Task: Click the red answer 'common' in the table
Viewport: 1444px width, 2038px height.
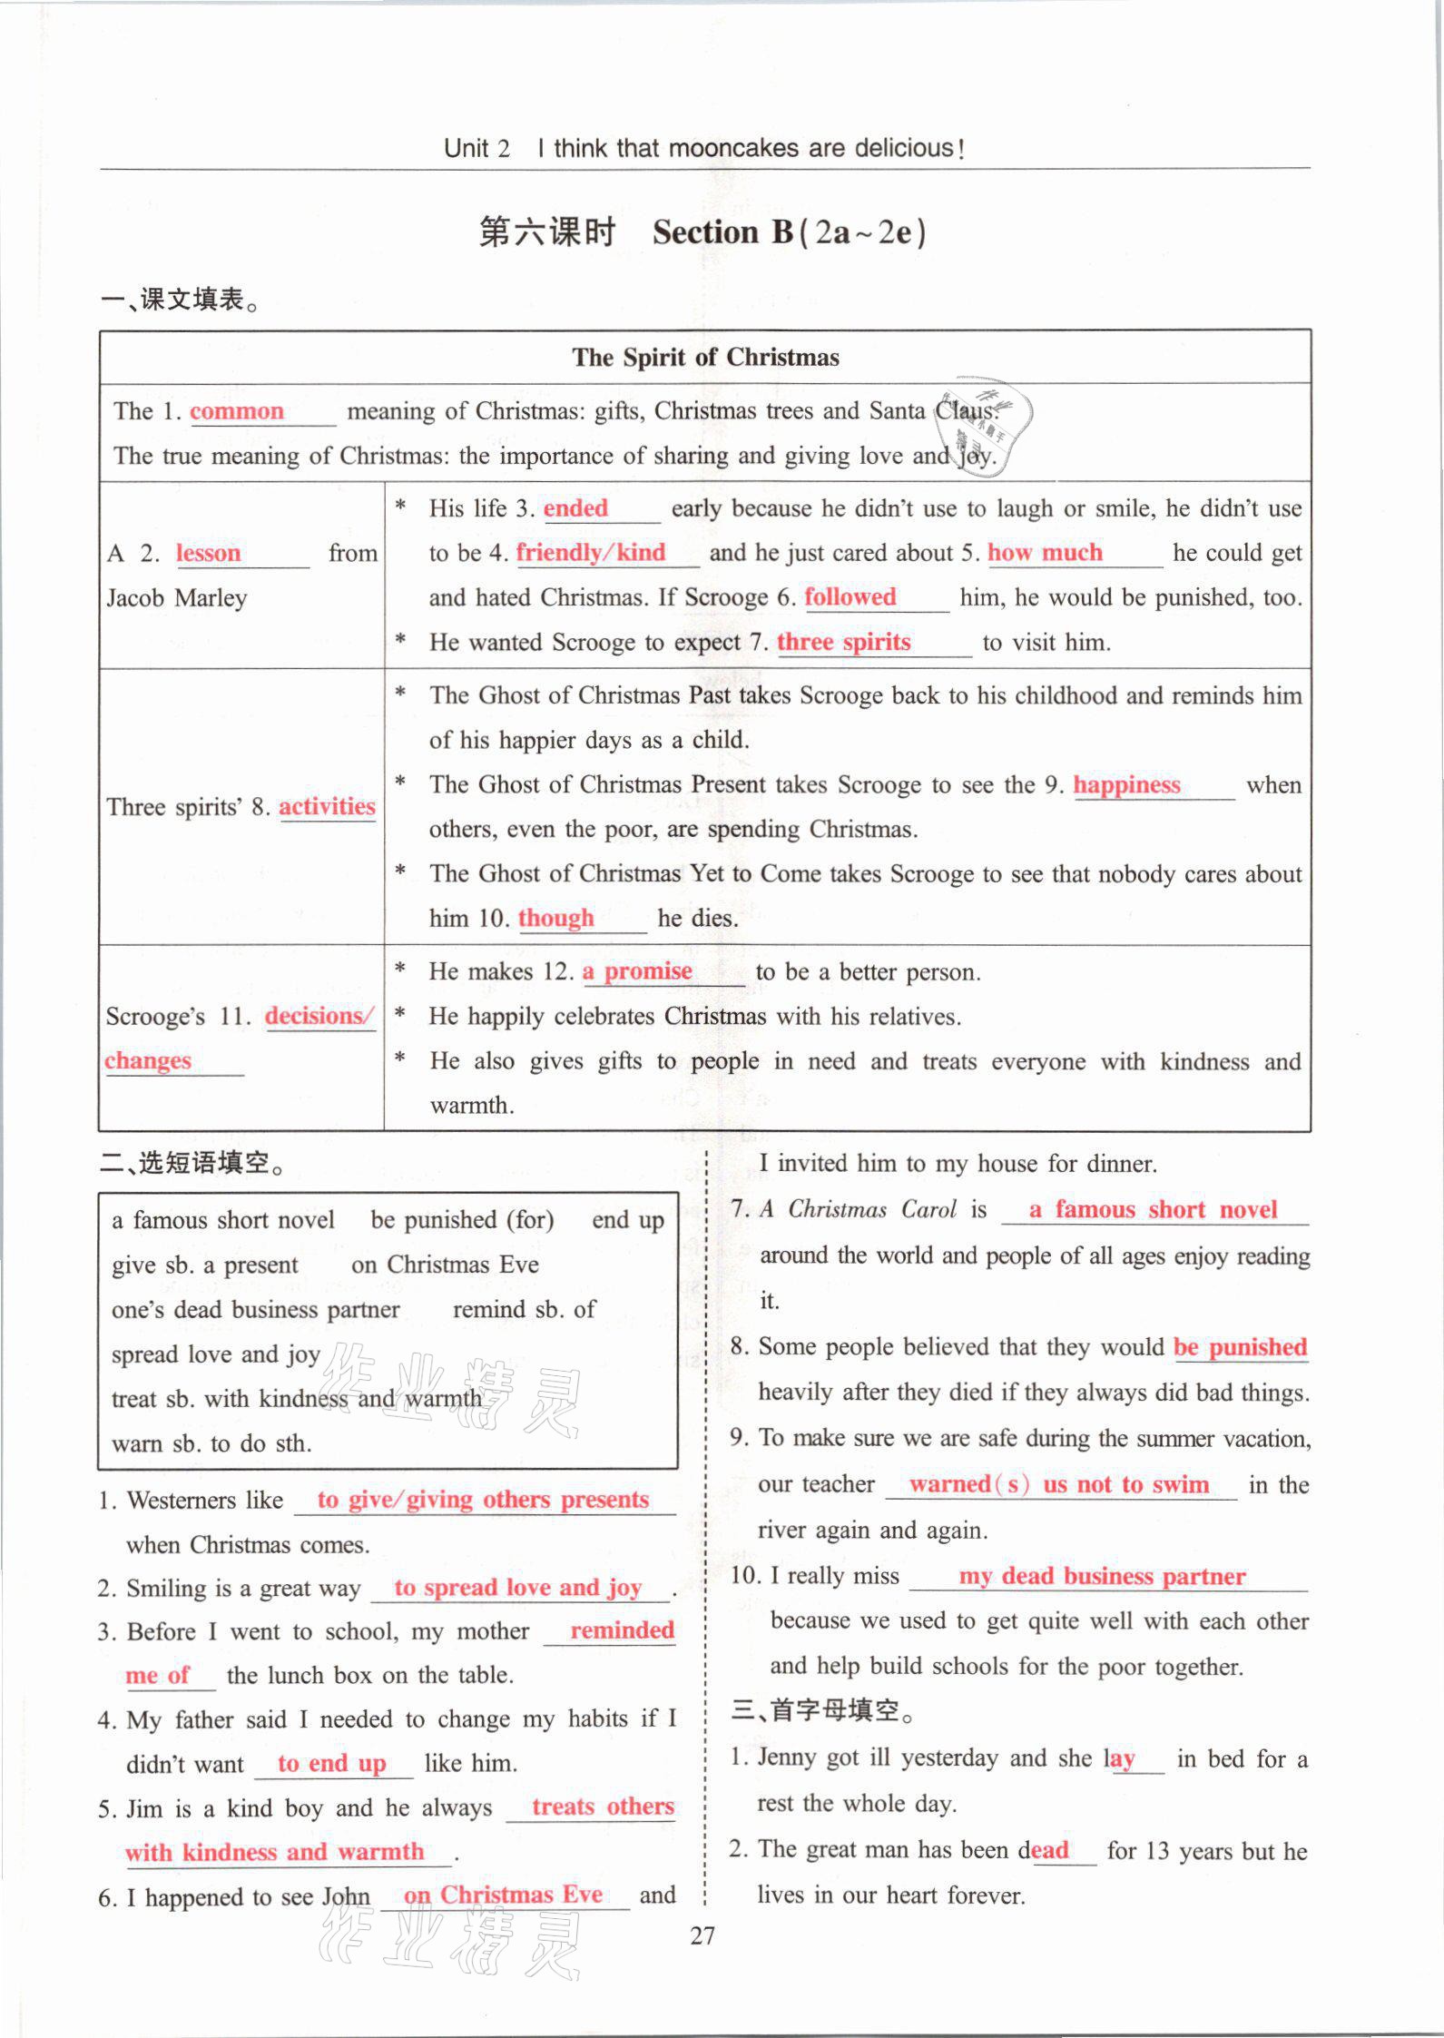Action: click(x=237, y=411)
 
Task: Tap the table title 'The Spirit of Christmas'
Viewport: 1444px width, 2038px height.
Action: click(x=705, y=358)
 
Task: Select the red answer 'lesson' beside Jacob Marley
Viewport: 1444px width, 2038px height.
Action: click(x=208, y=553)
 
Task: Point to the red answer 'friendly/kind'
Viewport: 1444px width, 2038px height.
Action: click(x=591, y=553)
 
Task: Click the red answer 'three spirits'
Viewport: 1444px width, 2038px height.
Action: click(x=843, y=642)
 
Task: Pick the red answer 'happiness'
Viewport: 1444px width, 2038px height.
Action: click(x=1126, y=784)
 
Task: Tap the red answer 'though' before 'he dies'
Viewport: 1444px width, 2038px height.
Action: click(x=555, y=918)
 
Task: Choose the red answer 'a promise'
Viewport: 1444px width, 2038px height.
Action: click(x=637, y=971)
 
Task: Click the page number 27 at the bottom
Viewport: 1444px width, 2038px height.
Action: click(x=702, y=1936)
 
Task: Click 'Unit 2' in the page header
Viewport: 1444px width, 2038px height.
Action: click(x=477, y=149)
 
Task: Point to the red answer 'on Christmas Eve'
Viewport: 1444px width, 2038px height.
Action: click(x=503, y=1895)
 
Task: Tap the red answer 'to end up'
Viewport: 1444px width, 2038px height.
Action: click(x=332, y=1763)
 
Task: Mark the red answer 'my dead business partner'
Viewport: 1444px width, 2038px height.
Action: click(x=1102, y=1576)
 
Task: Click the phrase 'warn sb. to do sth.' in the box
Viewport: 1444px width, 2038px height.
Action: click(x=211, y=1443)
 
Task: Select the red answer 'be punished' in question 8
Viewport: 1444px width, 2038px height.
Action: click(x=1240, y=1347)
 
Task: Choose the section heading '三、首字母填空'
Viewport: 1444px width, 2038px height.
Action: click(x=822, y=1710)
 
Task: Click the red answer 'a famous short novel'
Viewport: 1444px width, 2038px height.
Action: click(x=1153, y=1210)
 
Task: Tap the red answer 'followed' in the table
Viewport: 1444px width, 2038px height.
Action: click(x=850, y=597)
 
